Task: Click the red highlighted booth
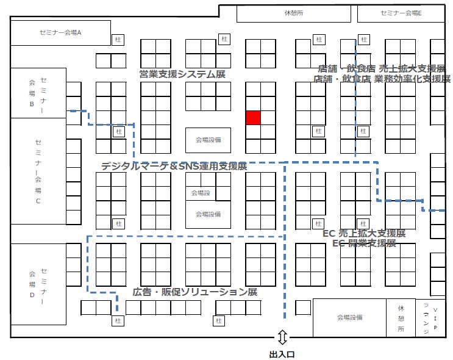[x=253, y=118]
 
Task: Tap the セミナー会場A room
[x=60, y=33]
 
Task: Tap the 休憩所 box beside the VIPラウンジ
[x=401, y=317]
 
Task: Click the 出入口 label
[x=282, y=353]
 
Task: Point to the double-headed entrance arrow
[x=282, y=337]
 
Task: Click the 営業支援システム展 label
[x=182, y=74]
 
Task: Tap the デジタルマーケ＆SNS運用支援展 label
[x=174, y=166]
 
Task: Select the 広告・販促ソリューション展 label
[x=194, y=292]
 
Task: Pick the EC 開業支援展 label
[x=364, y=243]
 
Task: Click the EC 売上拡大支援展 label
[x=364, y=233]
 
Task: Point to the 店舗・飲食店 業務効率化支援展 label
[x=382, y=79]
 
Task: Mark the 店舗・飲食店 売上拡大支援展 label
[x=382, y=68]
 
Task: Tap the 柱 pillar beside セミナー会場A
[x=118, y=40]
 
